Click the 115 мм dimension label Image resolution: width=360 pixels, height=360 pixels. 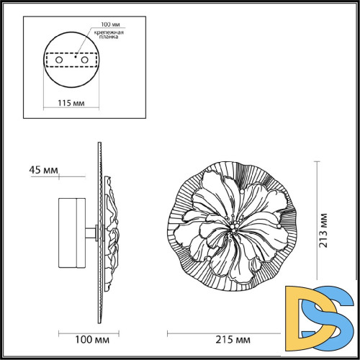[69, 103]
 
